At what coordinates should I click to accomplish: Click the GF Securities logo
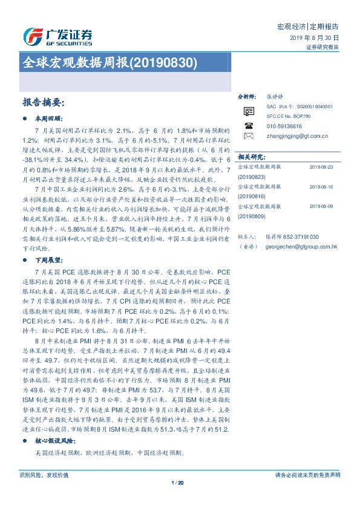coord(57,36)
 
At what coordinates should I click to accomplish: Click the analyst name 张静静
coord(273,97)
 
